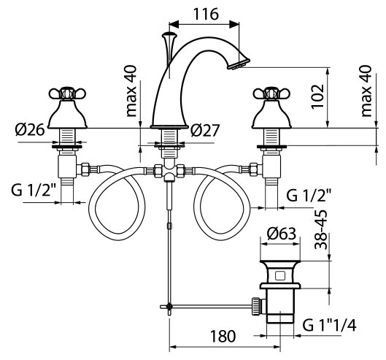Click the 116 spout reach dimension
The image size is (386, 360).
pyautogui.click(x=206, y=14)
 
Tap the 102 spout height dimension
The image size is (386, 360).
pyautogui.click(x=317, y=96)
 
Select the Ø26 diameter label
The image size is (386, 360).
pyautogui.click(x=30, y=129)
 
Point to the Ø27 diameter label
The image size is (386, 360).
pyautogui.click(x=205, y=130)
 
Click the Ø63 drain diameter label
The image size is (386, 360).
pyautogui.click(x=282, y=233)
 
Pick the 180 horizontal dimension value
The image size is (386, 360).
pyautogui.click(x=223, y=336)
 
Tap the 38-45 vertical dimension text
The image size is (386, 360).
pyautogui.click(x=321, y=229)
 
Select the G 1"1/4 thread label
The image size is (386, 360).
pyautogui.click(x=329, y=325)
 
